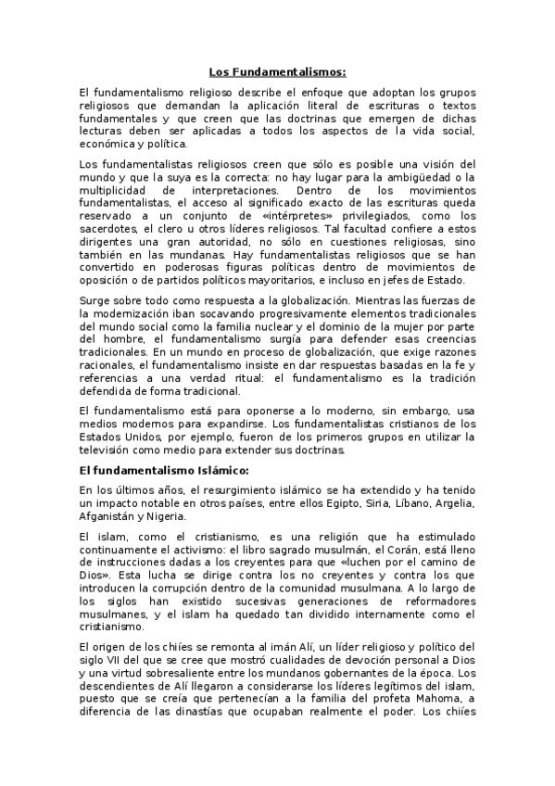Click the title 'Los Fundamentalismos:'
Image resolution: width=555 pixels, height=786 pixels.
click(x=277, y=71)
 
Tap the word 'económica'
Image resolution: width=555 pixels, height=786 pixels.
click(x=107, y=144)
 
